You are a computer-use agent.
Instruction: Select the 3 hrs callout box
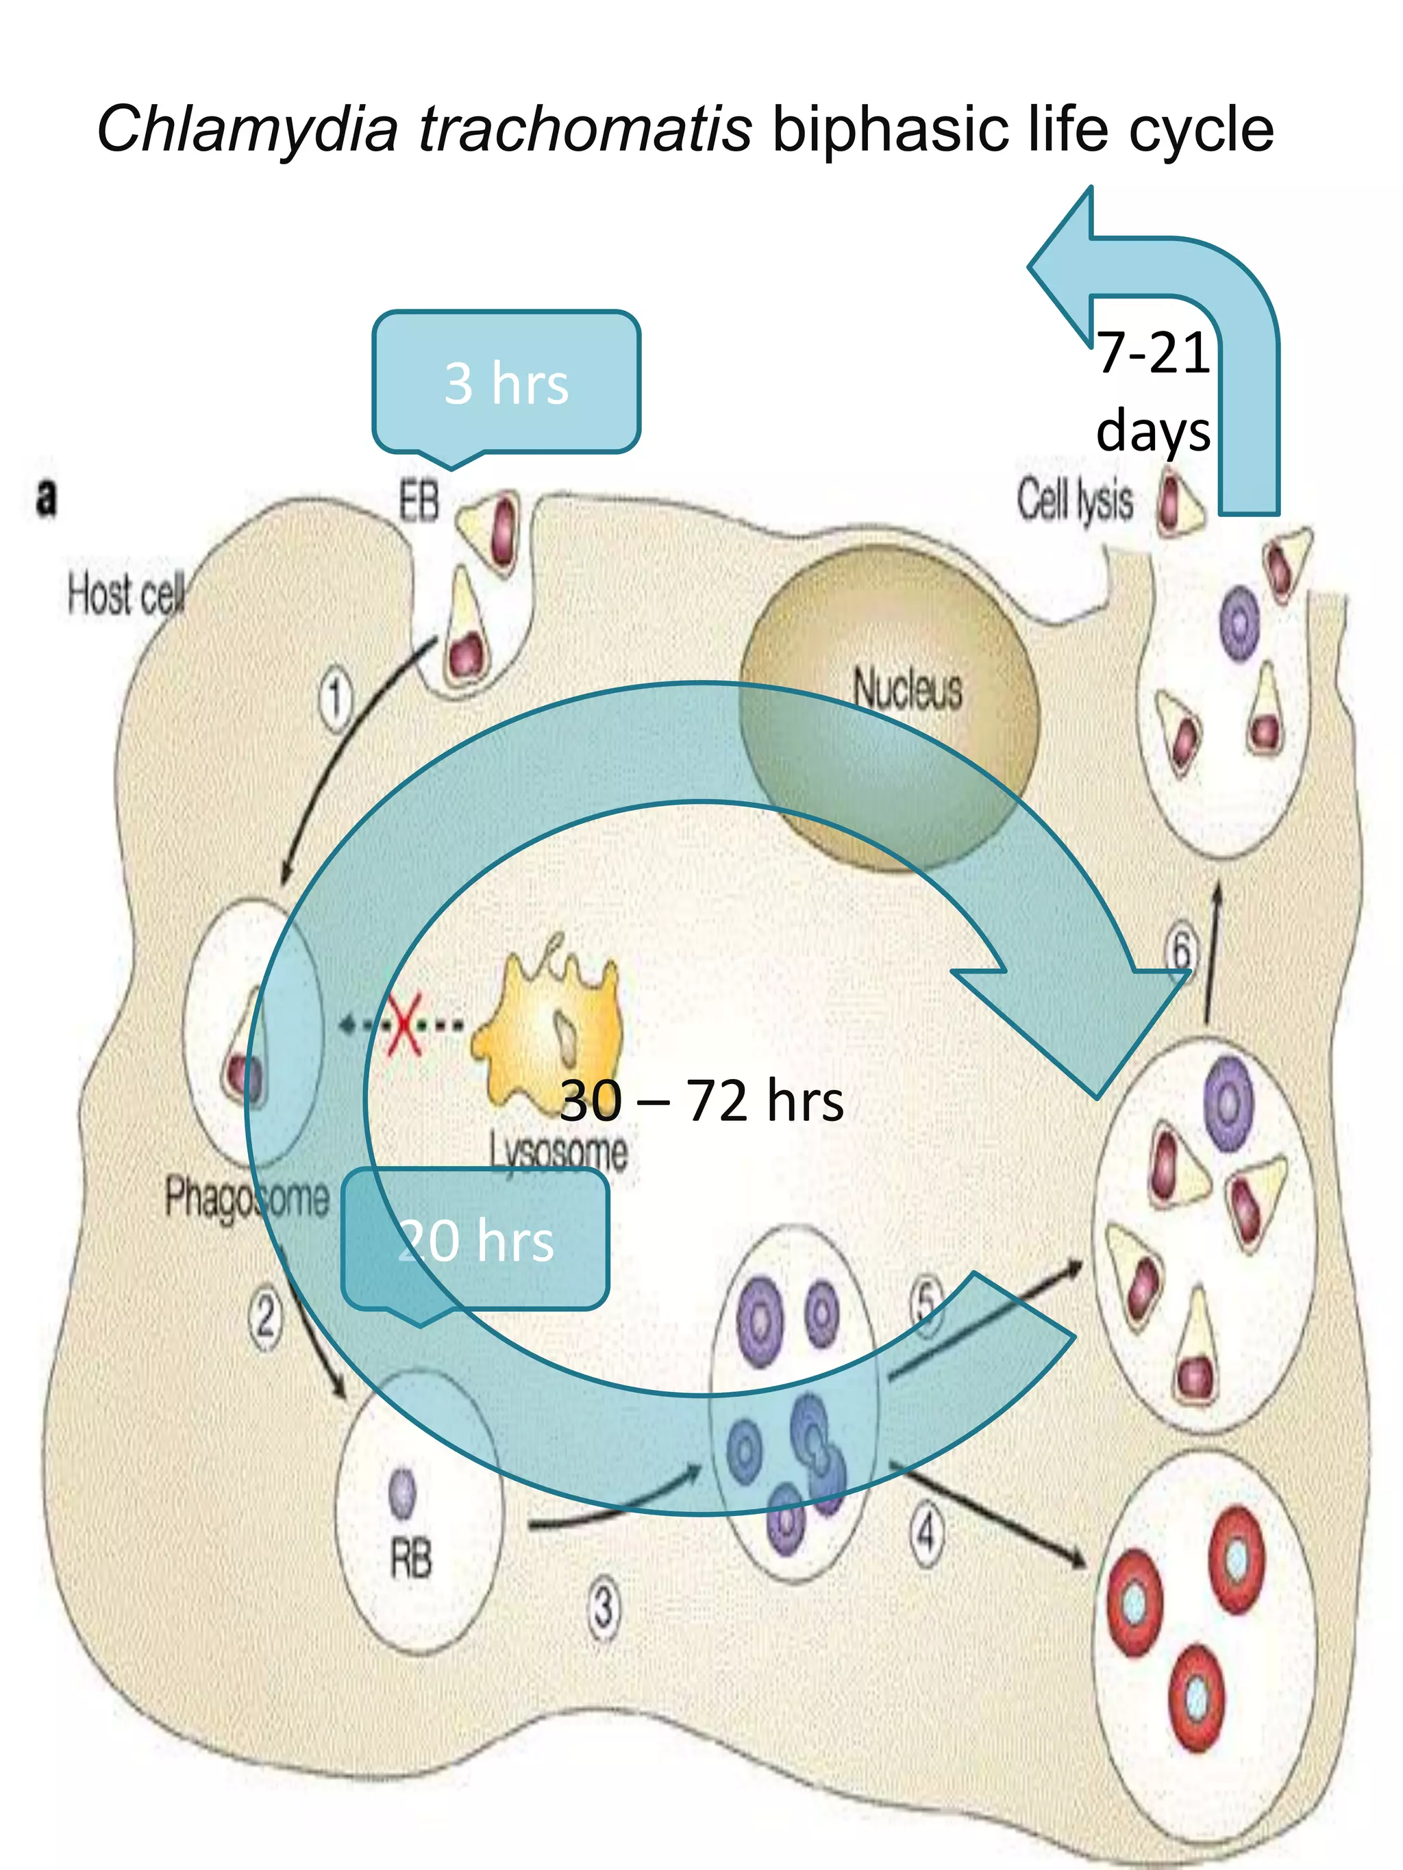tap(506, 382)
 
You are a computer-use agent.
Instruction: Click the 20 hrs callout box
tap(475, 1240)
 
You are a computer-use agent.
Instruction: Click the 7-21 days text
tap(1153, 390)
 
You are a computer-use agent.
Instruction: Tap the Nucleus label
tap(906, 688)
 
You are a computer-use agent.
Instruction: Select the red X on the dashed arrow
tap(404, 1024)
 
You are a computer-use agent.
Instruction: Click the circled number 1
tap(336, 698)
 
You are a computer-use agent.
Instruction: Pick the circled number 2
tap(266, 1316)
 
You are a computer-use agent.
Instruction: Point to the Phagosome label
tap(246, 1197)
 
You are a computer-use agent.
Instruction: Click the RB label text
tap(410, 1558)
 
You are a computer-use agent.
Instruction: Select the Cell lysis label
tap(1074, 500)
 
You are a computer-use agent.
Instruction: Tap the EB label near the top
tap(419, 501)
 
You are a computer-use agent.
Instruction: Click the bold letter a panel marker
tap(47, 497)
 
